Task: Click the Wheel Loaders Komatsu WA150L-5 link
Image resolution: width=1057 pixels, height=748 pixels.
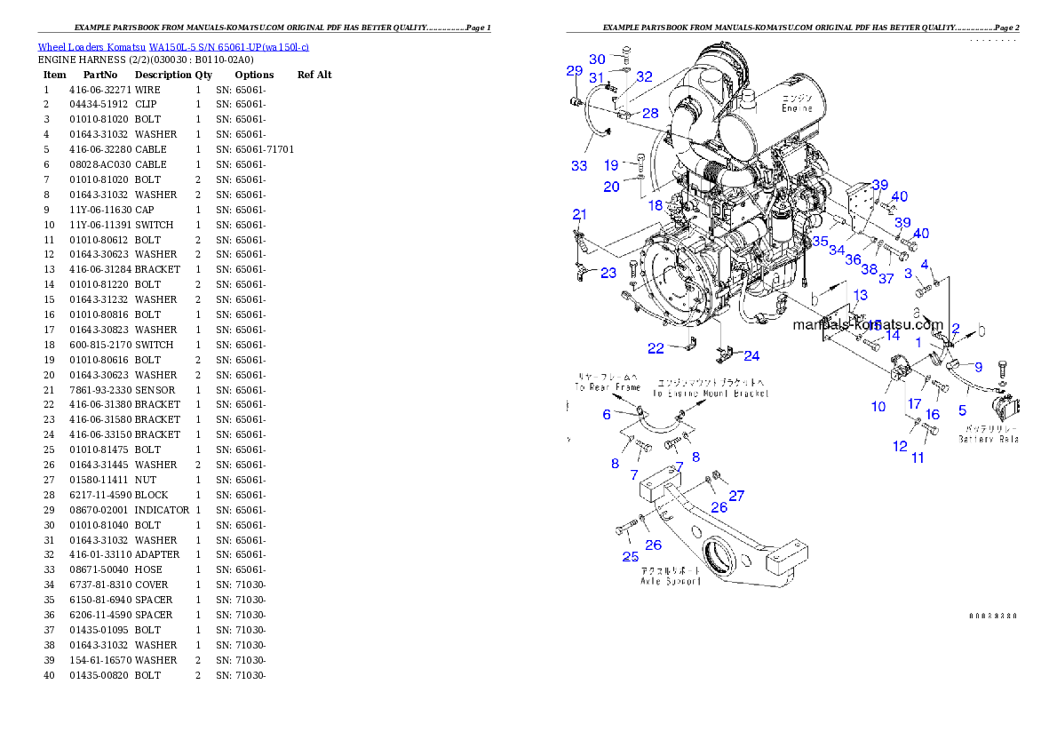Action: point(173,47)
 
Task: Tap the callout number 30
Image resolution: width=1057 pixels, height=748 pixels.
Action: point(598,60)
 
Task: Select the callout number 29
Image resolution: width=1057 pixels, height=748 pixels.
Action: point(575,71)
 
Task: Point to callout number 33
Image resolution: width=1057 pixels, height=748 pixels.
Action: point(579,165)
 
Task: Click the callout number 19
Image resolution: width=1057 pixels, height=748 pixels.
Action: point(611,165)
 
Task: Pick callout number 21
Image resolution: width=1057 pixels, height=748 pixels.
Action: point(580,214)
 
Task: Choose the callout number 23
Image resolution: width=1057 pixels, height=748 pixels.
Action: point(608,273)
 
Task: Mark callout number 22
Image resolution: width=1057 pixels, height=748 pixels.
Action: point(656,348)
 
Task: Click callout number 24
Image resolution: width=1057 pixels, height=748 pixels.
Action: point(751,356)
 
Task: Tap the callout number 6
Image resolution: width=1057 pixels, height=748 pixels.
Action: point(607,415)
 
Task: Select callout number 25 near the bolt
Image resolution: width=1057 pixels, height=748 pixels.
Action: point(630,557)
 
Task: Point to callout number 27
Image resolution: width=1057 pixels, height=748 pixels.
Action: point(736,496)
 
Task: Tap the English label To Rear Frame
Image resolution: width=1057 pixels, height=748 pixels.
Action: point(608,387)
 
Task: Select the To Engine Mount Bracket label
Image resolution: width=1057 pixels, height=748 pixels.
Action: point(711,393)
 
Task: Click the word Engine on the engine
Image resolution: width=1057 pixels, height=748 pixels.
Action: point(797,108)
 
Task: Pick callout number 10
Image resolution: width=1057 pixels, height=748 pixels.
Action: point(878,407)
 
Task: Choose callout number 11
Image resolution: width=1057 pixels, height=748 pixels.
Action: point(918,458)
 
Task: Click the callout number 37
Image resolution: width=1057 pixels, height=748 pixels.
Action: point(886,279)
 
